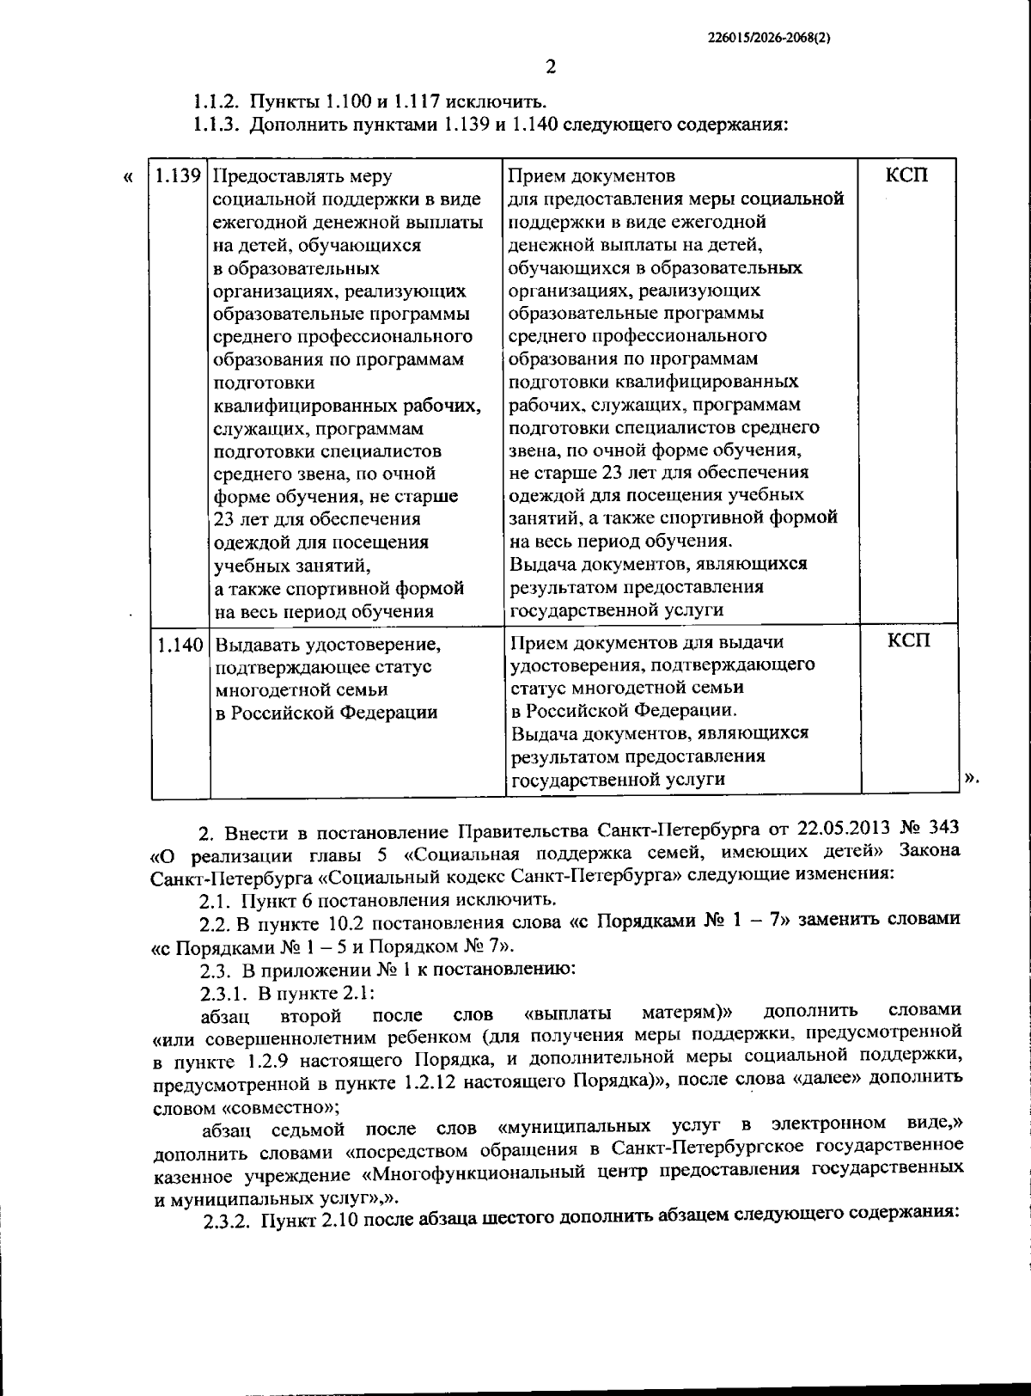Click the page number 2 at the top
(551, 67)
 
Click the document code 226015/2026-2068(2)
(771, 38)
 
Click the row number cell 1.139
(179, 176)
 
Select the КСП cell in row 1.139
(907, 175)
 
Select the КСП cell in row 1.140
(908, 641)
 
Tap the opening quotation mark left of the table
(128, 178)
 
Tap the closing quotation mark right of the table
(972, 779)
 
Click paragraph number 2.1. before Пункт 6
(216, 899)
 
